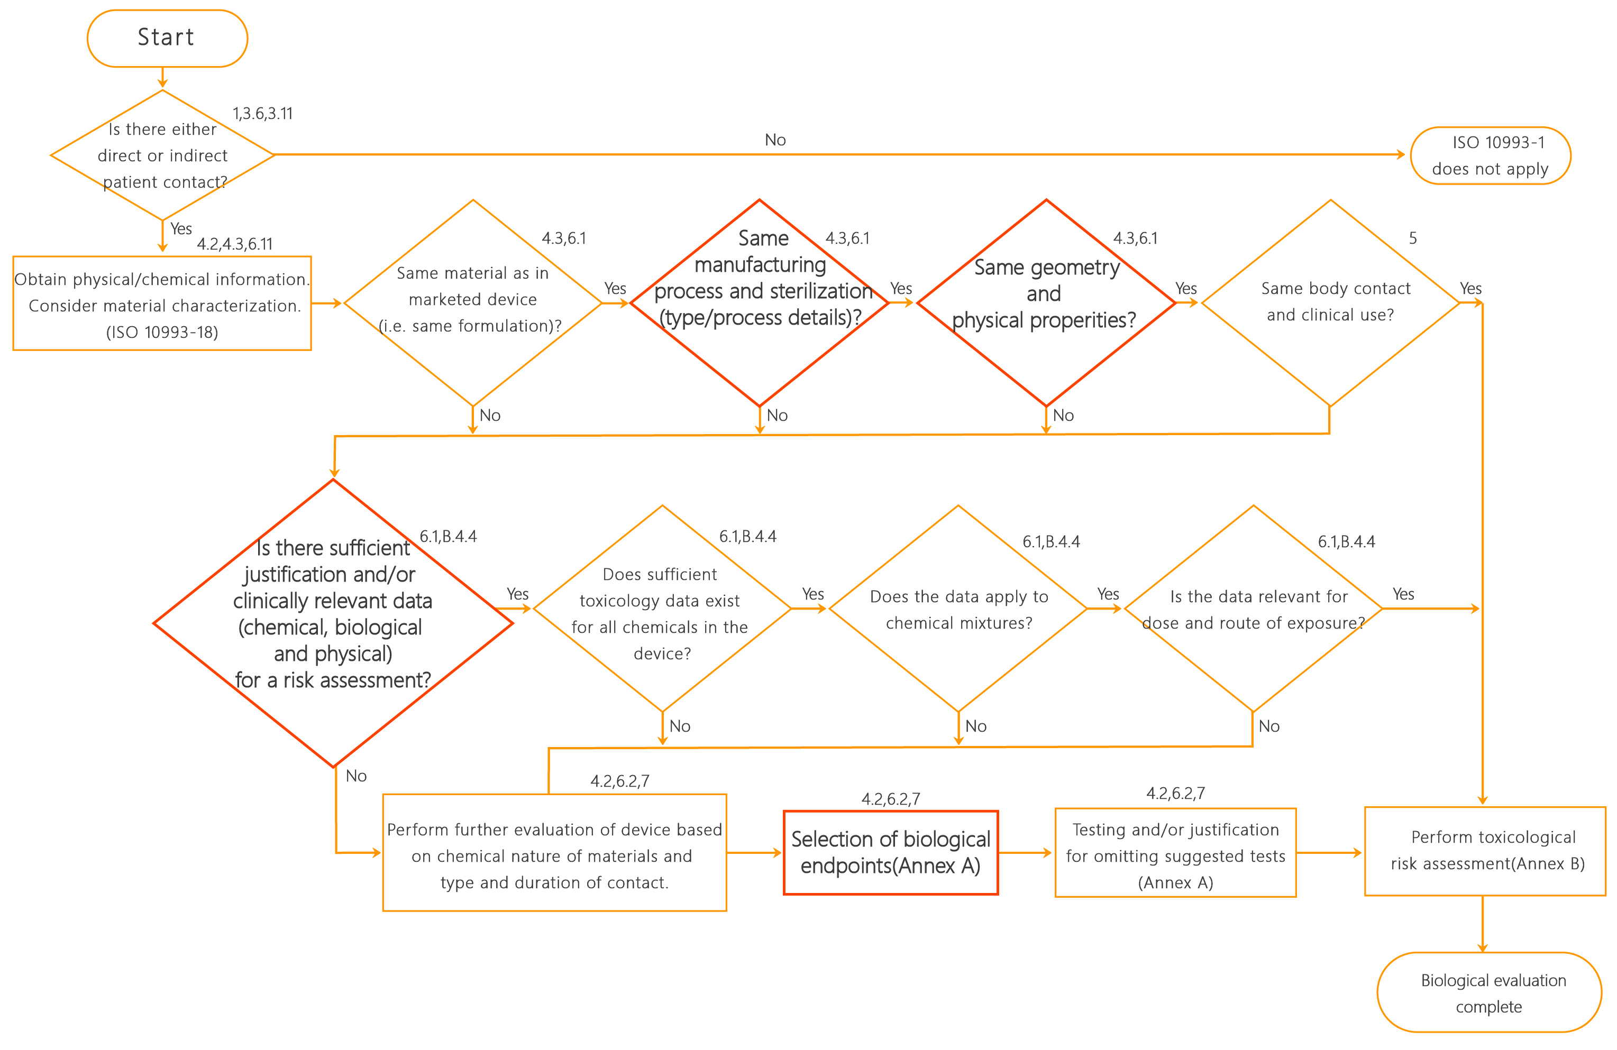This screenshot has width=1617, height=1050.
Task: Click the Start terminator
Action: coord(167,38)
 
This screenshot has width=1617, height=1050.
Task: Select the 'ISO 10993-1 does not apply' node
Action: coord(1491,155)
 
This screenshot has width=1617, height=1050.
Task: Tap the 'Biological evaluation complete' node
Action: coord(1490,992)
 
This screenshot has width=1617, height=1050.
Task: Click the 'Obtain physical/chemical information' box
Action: coord(162,303)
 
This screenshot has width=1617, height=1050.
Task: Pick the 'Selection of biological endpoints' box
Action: coord(891,852)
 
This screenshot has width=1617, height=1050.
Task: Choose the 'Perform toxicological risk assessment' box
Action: coord(1485,851)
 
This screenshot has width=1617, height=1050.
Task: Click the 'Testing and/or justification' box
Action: coord(1175,852)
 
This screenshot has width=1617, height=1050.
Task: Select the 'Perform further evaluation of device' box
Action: coord(554,852)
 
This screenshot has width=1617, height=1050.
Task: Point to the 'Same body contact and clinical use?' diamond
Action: coord(1330,303)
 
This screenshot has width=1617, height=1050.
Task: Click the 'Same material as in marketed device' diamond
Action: coord(473,303)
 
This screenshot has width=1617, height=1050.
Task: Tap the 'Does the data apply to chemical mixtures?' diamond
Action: coord(958,609)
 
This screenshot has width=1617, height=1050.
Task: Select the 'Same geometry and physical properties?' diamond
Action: coord(1046,303)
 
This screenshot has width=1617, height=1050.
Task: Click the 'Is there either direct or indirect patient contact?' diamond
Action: coord(162,155)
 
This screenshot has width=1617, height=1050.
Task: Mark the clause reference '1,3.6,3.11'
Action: coord(263,114)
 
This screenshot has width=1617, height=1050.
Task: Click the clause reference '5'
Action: coord(1412,238)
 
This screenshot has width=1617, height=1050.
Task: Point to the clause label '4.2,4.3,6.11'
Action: coord(234,244)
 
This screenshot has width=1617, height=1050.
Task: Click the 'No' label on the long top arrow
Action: coord(775,140)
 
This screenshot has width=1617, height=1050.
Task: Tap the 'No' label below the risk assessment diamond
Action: coord(356,776)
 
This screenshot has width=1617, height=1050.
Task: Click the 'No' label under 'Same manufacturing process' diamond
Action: coord(777,415)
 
